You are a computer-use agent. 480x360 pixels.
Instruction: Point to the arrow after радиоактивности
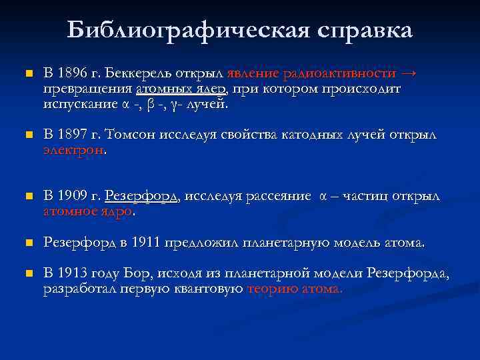[409, 73]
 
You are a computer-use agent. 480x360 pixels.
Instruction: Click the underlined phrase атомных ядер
[181, 89]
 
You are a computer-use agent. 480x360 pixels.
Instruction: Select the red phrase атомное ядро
[88, 212]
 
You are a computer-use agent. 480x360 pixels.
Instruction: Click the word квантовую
[211, 289]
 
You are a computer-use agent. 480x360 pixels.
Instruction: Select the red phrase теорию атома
[295, 289]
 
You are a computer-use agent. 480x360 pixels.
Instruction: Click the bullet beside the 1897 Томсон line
[27, 135]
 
